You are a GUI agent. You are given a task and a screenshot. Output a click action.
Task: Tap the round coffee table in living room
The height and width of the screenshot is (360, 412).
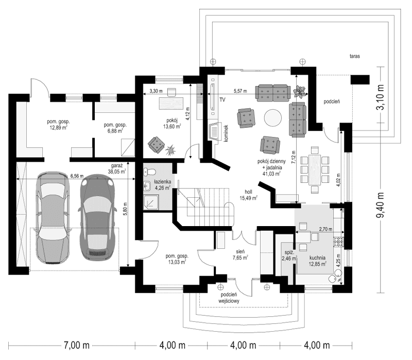pyautogui.click(x=272, y=118)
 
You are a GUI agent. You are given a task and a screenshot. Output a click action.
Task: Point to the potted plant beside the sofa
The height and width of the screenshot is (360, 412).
pyautogui.click(x=299, y=92)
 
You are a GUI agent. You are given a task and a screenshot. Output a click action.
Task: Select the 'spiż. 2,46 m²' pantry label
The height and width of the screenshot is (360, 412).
pyautogui.click(x=289, y=256)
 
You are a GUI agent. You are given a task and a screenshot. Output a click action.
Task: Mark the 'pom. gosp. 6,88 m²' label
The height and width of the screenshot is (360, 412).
pyautogui.click(x=115, y=128)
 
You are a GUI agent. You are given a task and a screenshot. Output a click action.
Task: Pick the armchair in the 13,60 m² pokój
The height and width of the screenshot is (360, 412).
pyautogui.click(x=154, y=144)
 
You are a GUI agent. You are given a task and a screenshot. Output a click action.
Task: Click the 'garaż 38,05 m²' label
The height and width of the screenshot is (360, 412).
pyautogui.click(x=115, y=168)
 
